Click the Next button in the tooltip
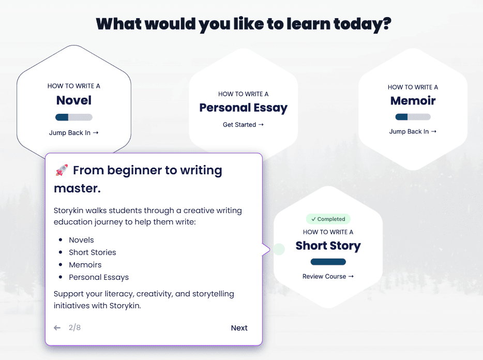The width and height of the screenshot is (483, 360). tap(239, 327)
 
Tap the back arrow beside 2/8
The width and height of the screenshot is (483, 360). tap(57, 327)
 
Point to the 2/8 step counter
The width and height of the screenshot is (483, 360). tap(74, 327)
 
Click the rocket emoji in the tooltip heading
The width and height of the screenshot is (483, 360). tap(62, 170)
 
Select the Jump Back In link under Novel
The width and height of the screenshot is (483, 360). tap(73, 132)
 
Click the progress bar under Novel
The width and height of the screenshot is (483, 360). tap(74, 117)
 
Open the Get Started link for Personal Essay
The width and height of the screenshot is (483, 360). tap(244, 125)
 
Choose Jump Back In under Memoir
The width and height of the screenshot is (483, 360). tap(413, 131)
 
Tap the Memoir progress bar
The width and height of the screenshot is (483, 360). tap(413, 117)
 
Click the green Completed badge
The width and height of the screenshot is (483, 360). tap(328, 219)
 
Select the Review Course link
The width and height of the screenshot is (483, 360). tap(328, 277)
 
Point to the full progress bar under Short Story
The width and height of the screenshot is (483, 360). tap(328, 262)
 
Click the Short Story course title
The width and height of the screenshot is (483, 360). tap(328, 246)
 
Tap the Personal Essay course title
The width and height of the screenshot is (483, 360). tap(244, 108)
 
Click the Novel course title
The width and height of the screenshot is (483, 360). tap(74, 100)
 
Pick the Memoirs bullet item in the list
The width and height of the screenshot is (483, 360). tap(85, 265)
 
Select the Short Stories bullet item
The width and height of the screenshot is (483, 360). tap(93, 252)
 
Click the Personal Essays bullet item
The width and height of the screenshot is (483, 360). tap(99, 277)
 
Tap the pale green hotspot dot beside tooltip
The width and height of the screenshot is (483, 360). tap(279, 249)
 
